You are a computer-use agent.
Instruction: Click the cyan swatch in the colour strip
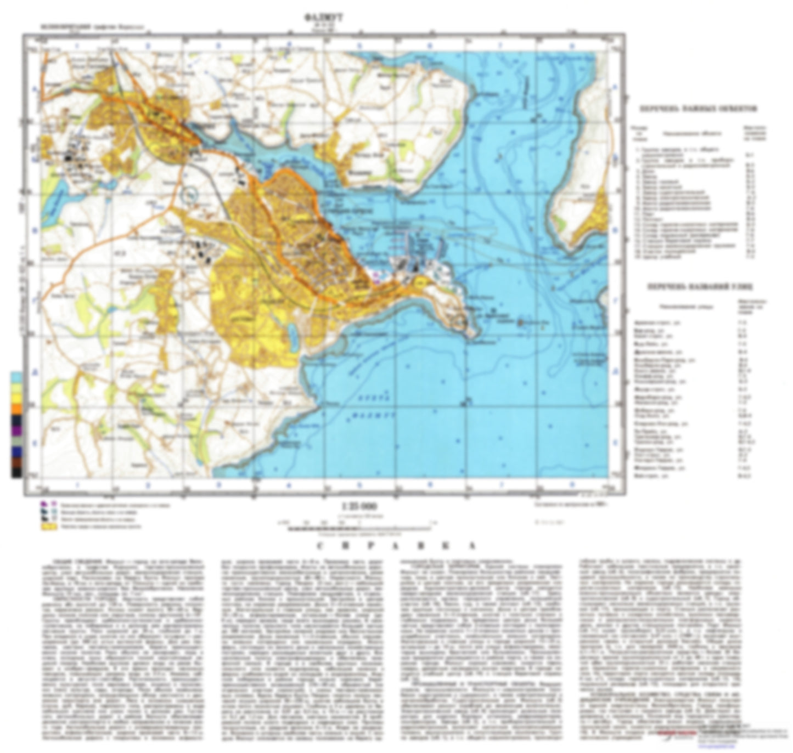[x=17, y=378]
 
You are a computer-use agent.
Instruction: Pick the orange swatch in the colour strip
[x=17, y=408]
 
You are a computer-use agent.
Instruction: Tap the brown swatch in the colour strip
[x=17, y=462]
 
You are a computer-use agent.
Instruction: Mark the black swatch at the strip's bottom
[x=17, y=472]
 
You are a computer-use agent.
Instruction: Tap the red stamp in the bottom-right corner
[x=675, y=732]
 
